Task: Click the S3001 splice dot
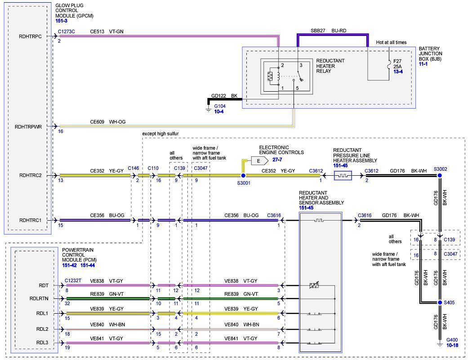(x=243, y=175)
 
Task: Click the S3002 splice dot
(x=440, y=175)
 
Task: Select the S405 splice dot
(x=440, y=302)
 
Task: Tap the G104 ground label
(x=219, y=106)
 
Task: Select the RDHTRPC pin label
(x=31, y=36)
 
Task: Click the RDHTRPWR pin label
(x=28, y=127)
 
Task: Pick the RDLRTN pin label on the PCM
(x=39, y=298)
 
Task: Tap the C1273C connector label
(x=67, y=32)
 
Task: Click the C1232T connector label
(x=73, y=280)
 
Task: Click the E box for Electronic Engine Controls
(x=258, y=160)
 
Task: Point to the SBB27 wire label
(x=318, y=31)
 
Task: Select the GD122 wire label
(x=218, y=96)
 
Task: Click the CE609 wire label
(x=97, y=122)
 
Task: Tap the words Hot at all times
(x=391, y=42)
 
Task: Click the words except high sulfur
(x=160, y=133)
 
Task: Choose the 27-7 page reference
(x=277, y=160)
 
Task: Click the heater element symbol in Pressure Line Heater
(x=343, y=175)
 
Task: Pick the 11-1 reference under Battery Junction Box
(x=423, y=64)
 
